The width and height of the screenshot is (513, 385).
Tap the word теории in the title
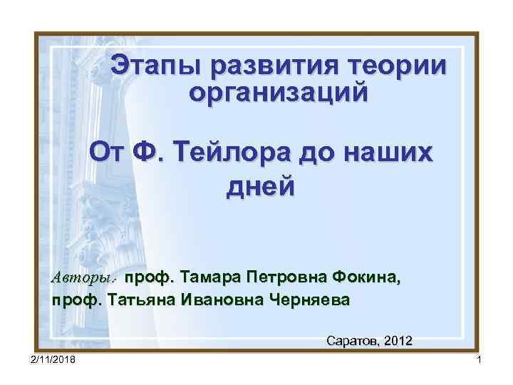[398, 66]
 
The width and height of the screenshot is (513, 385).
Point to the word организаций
[279, 93]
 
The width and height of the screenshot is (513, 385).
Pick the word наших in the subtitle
[391, 153]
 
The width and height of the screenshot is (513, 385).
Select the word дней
[259, 186]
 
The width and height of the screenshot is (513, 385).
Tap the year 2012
[397, 340]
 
